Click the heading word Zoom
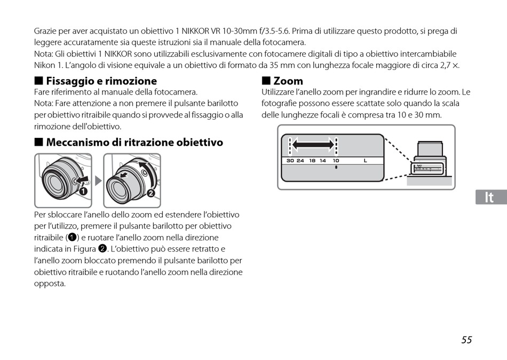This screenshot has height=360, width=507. (288, 81)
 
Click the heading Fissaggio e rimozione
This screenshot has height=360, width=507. (101, 81)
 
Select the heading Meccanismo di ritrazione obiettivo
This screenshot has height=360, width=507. (134, 143)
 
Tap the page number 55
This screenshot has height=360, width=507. (467, 340)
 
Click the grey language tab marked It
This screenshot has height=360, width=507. (489, 197)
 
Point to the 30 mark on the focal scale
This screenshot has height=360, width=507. (290, 161)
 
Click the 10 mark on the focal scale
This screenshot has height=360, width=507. (336, 161)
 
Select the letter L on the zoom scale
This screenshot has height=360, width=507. (366, 161)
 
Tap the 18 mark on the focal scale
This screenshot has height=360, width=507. (312, 161)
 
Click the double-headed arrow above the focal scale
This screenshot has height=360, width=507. (313, 144)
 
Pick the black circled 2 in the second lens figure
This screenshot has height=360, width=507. (151, 193)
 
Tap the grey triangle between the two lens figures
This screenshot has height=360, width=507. (98, 181)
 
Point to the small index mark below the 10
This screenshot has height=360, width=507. (336, 168)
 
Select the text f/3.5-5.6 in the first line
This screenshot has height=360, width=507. (274, 32)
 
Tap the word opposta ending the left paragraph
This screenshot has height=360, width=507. (50, 284)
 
